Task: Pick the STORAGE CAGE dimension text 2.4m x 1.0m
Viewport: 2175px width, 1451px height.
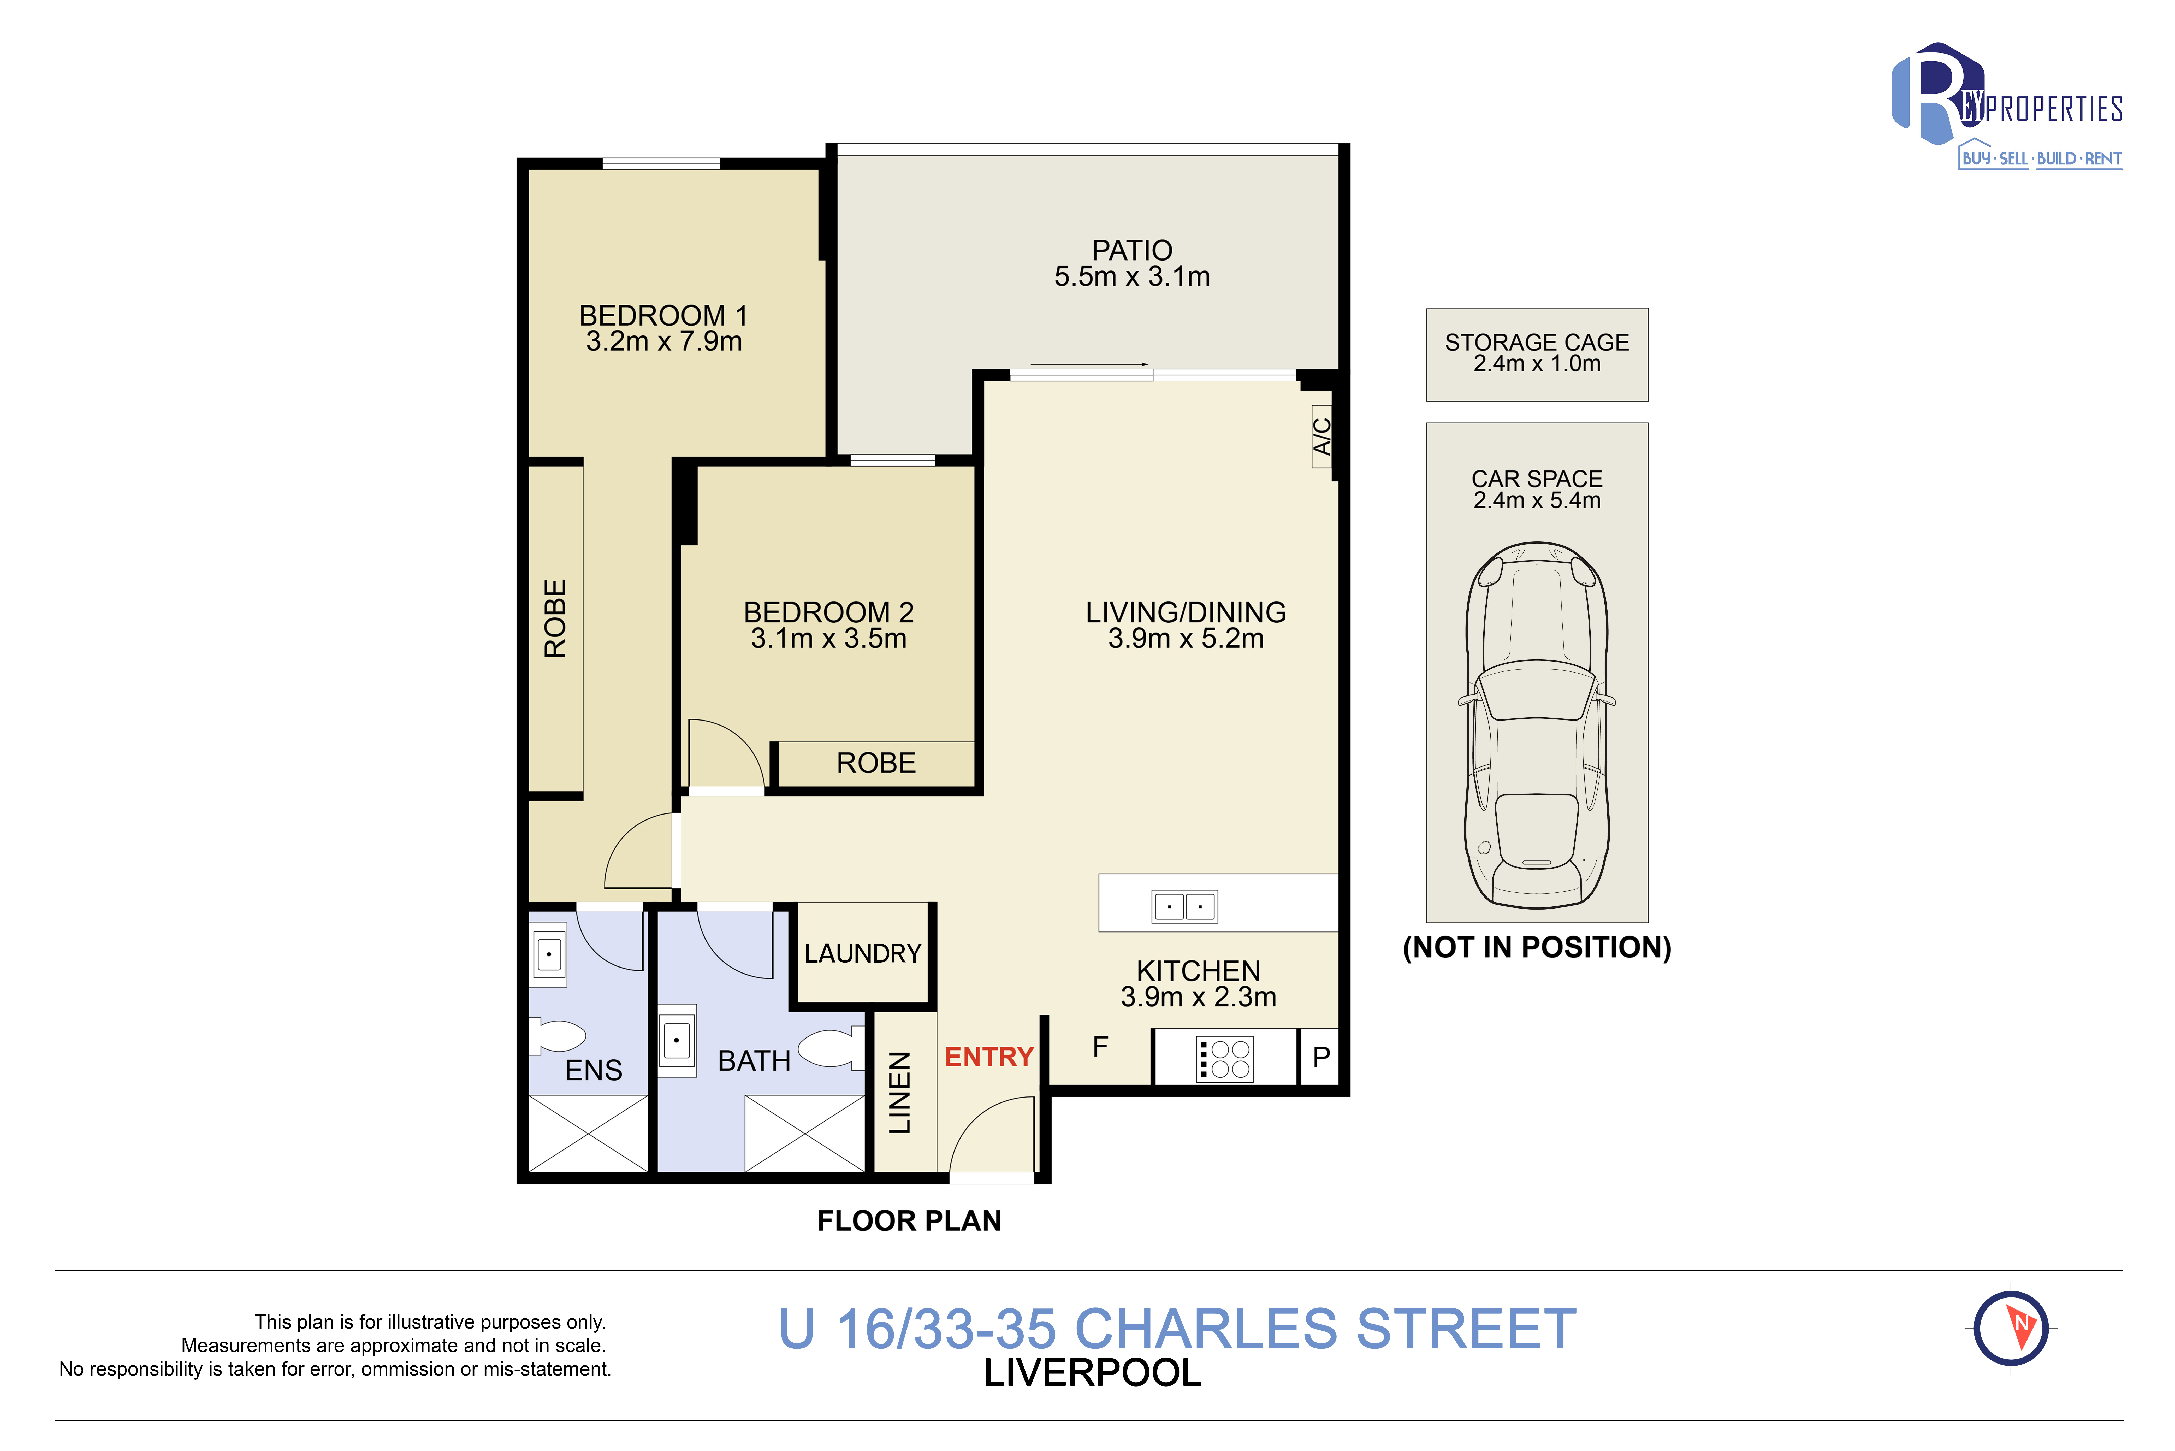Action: pyautogui.click(x=1537, y=364)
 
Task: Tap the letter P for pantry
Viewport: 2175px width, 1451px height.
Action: pyautogui.click(x=1321, y=1057)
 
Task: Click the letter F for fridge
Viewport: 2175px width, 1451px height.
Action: pyautogui.click(x=1100, y=1047)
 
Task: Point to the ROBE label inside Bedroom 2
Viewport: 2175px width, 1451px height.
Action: pyautogui.click(x=876, y=763)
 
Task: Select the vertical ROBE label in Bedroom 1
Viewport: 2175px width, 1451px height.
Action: pyautogui.click(x=555, y=618)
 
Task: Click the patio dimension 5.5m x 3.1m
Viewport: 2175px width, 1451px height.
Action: pyautogui.click(x=1132, y=277)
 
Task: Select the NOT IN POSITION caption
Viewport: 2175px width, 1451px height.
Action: pyautogui.click(x=1537, y=948)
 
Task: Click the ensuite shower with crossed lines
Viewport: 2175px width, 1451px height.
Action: pyautogui.click(x=588, y=1134)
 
